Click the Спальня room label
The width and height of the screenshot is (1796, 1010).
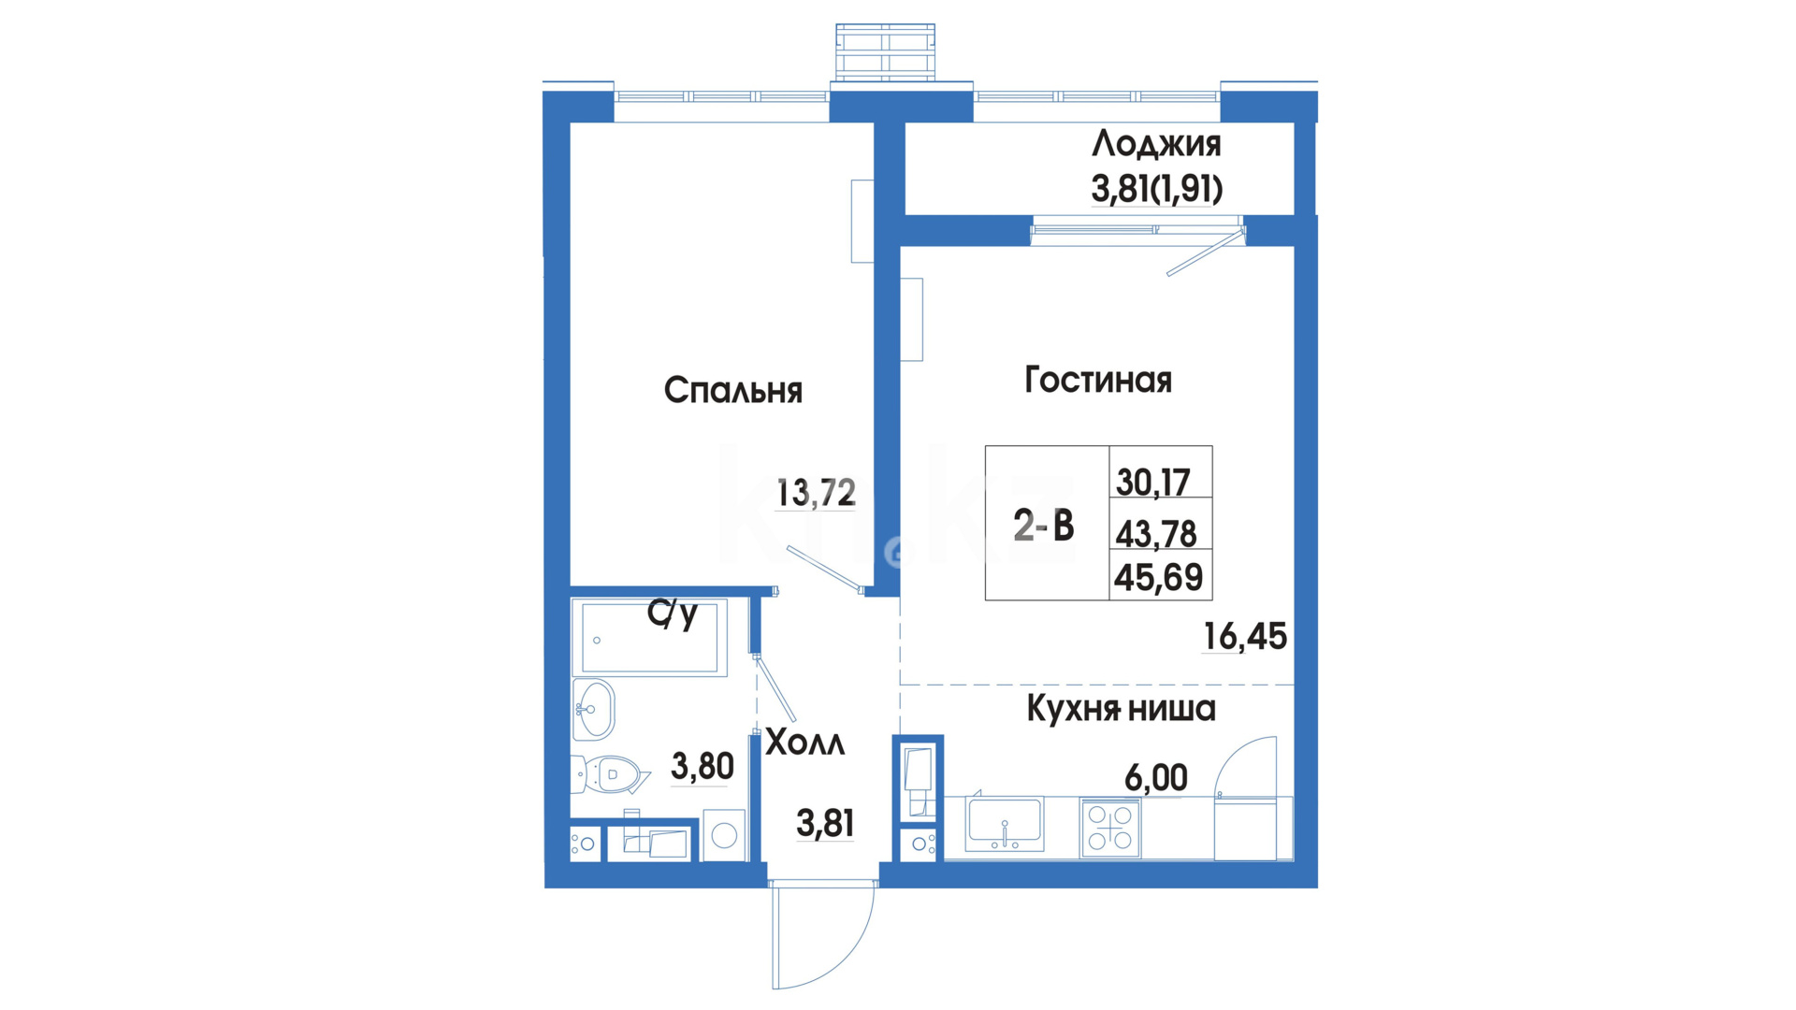pyautogui.click(x=733, y=390)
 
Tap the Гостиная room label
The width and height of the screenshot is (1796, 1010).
pyautogui.click(x=1098, y=380)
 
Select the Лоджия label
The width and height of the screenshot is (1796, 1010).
pyautogui.click(x=1156, y=145)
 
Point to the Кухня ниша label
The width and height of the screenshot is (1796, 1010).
pyautogui.click(x=1121, y=708)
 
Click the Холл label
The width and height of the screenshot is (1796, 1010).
pyautogui.click(x=804, y=743)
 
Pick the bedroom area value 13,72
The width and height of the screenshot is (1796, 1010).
pyautogui.click(x=816, y=492)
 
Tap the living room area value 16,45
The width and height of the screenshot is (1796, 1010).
pyautogui.click(x=1244, y=637)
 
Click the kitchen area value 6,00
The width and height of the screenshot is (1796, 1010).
pyautogui.click(x=1156, y=777)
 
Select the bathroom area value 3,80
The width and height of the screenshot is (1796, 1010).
pyautogui.click(x=702, y=767)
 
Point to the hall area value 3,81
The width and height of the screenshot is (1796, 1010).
pyautogui.click(x=825, y=823)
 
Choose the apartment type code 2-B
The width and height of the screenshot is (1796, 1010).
pyautogui.click(x=1044, y=526)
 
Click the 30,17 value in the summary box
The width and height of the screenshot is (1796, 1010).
pyautogui.click(x=1152, y=483)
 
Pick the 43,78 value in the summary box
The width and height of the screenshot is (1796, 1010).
pyautogui.click(x=1156, y=534)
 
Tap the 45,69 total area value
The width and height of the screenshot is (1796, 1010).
pyautogui.click(x=1158, y=578)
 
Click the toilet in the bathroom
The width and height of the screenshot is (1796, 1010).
pyautogui.click(x=610, y=774)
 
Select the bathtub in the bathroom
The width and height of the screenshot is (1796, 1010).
pyautogui.click(x=649, y=638)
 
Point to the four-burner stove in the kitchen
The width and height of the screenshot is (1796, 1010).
pyautogui.click(x=1110, y=828)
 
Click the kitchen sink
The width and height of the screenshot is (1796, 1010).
pyautogui.click(x=1005, y=823)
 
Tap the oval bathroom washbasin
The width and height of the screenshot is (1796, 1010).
pyautogui.click(x=593, y=710)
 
